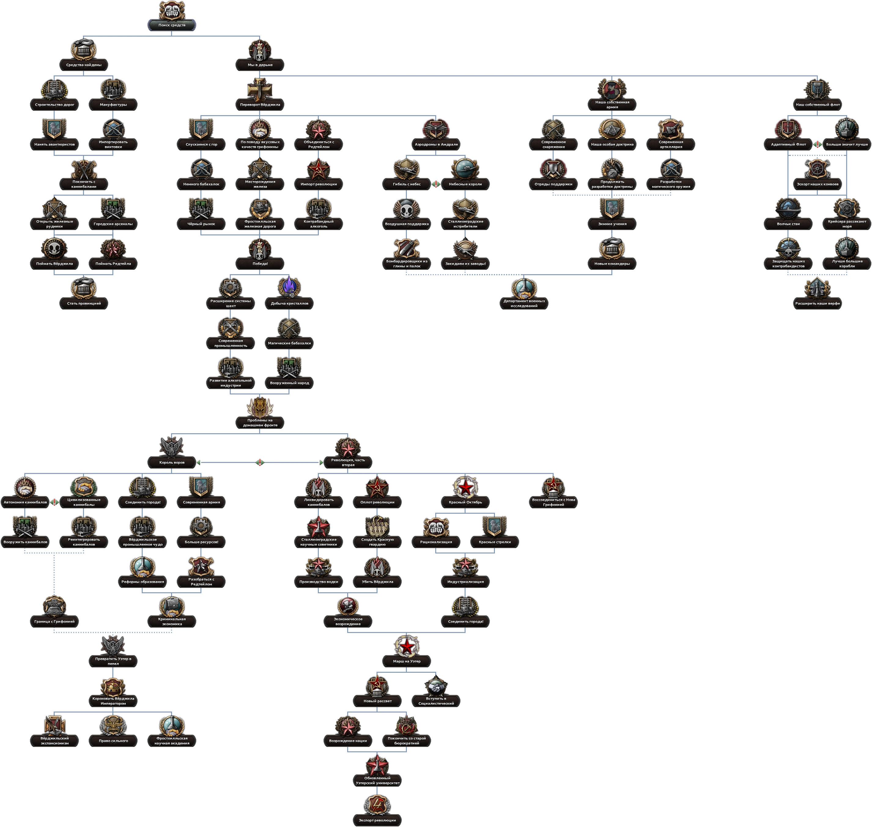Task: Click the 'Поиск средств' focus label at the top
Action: tap(172, 25)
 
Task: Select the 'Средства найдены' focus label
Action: tap(84, 65)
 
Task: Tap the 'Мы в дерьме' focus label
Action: tap(260, 65)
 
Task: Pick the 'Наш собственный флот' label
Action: tap(818, 105)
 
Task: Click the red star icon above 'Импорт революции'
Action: tap(319, 169)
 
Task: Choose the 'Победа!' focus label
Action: tap(260, 264)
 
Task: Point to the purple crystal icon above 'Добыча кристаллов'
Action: tap(289, 287)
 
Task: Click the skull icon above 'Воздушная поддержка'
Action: tap(407, 209)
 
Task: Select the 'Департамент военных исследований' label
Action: tap(524, 303)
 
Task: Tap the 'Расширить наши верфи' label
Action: tap(818, 303)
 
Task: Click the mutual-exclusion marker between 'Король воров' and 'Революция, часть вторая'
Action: tap(260, 462)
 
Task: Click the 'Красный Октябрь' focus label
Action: tap(465, 502)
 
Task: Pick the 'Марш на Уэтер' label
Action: tap(407, 661)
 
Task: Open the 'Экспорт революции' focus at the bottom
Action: tap(377, 820)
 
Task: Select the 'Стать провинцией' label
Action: tap(84, 303)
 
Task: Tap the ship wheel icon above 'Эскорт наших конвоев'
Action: tap(818, 169)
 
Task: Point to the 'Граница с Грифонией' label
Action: tap(54, 621)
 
